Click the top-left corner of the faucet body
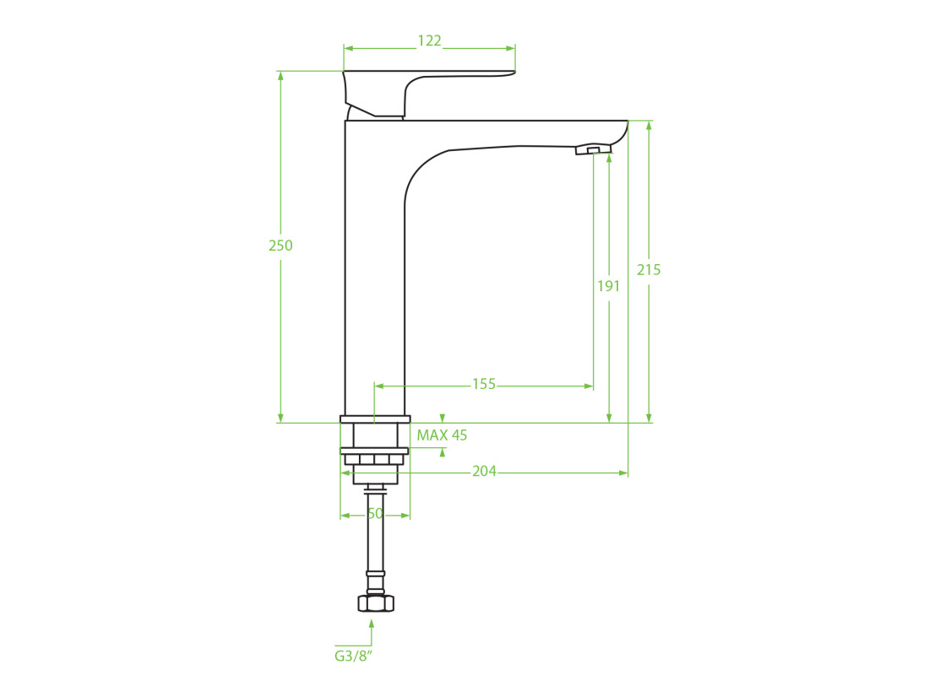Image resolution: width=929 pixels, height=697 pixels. pos(345,121)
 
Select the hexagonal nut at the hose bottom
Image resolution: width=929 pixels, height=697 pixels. pos(376,602)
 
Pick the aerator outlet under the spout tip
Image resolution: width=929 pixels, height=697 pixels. pos(593,150)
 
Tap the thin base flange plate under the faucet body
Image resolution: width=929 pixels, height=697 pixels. pos(375,419)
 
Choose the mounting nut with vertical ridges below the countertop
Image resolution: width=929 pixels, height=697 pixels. pos(375,460)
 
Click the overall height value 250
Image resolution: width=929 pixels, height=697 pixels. pos(280,246)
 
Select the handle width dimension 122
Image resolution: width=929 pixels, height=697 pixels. pos(430,41)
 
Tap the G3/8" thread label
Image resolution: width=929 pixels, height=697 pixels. pos(354,656)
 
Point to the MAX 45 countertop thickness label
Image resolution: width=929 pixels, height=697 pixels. pos(442,435)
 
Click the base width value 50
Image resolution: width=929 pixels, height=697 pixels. pos(375,514)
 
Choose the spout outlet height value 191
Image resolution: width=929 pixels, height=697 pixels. pos(608,286)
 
